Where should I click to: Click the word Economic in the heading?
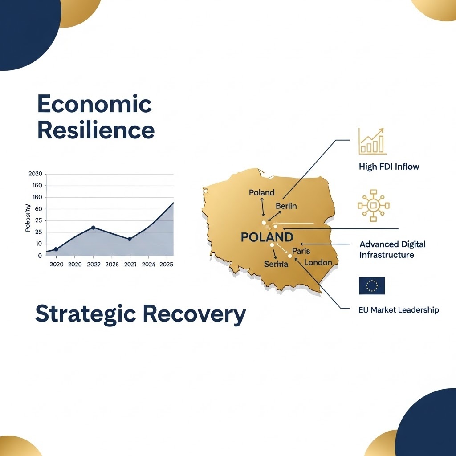[x=94, y=104]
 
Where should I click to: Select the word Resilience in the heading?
[x=96, y=130]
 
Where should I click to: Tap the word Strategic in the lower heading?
[x=85, y=314]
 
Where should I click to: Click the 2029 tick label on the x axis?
[x=93, y=264]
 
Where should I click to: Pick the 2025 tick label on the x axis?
[x=166, y=264]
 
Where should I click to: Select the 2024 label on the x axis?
[x=148, y=264]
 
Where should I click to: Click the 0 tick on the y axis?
[x=40, y=256]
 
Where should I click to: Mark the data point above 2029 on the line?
[x=93, y=228]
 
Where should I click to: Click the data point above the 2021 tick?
[x=130, y=239]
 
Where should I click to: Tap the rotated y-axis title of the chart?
[x=28, y=218]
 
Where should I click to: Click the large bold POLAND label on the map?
[x=267, y=237]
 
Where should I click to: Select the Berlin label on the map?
[x=286, y=206]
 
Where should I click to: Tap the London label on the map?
[x=318, y=262]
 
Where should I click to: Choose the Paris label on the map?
[x=301, y=251]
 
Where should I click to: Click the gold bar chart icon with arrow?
[x=373, y=141]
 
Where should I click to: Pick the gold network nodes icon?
[x=373, y=205]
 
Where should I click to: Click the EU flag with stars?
[x=372, y=286]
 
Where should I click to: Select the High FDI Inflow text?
[x=389, y=167]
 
